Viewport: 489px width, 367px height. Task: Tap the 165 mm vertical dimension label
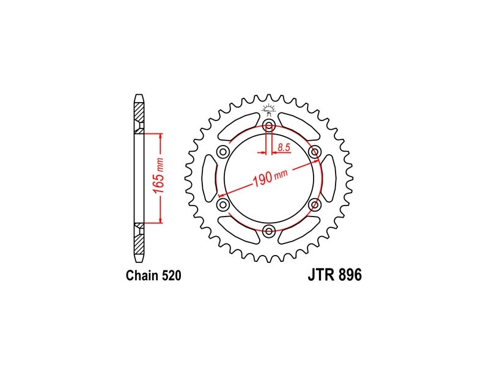159,176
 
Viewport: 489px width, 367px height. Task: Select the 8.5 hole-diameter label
284,147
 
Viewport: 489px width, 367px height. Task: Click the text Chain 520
153,276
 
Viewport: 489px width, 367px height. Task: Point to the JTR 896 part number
335,275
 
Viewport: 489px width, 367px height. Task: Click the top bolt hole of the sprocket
269,127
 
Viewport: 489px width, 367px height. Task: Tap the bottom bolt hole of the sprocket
269,231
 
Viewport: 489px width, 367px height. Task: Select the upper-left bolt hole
223,152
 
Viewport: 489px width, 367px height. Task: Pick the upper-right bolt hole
314,152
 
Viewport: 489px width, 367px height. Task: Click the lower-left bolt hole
223,205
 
